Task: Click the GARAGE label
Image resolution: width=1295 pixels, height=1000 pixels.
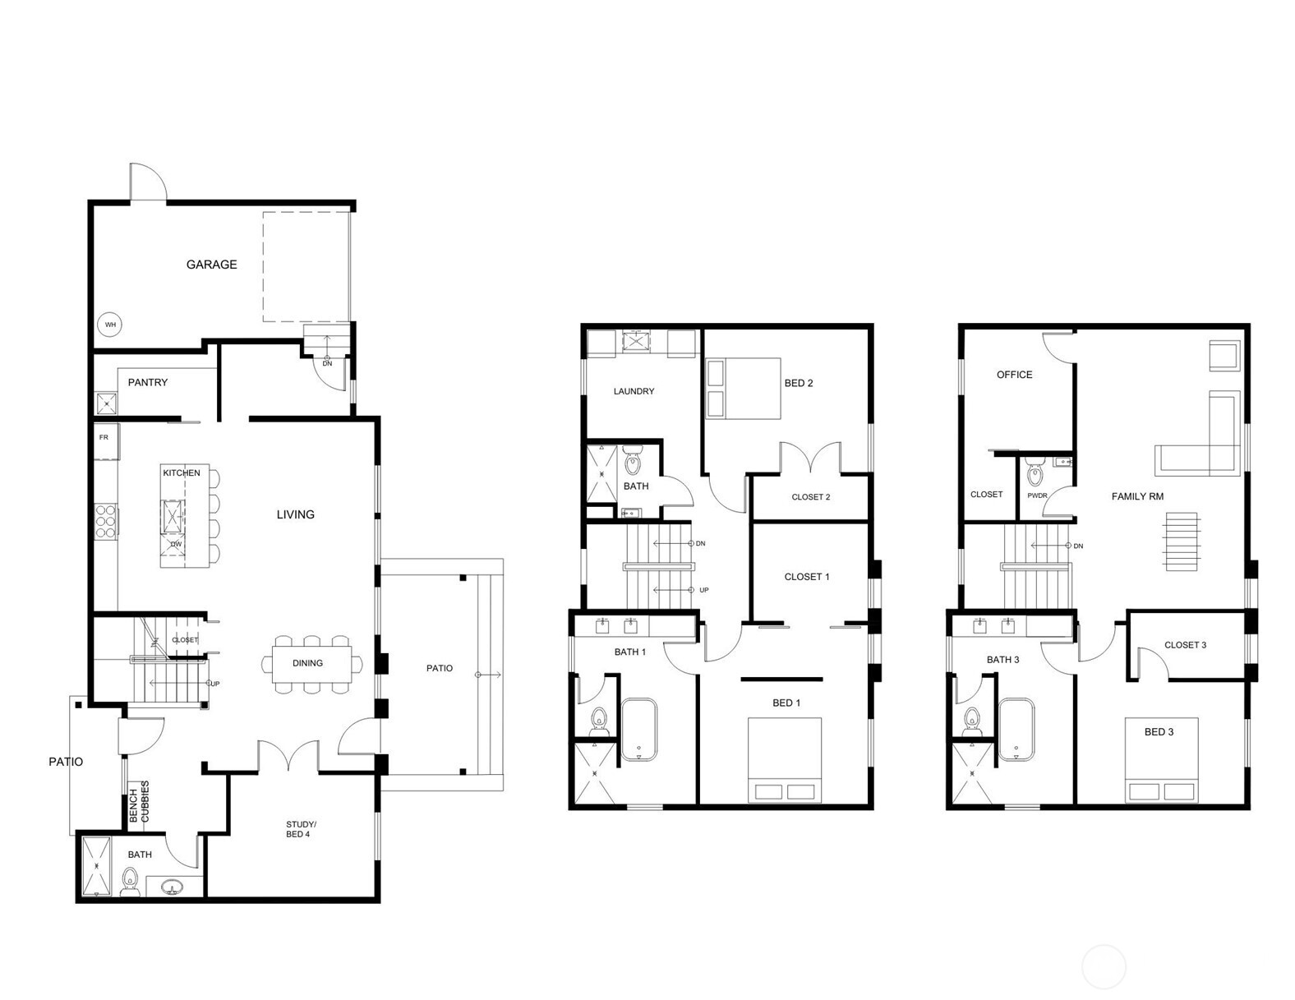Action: click(211, 265)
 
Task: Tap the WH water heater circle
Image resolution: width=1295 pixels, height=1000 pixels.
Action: click(110, 325)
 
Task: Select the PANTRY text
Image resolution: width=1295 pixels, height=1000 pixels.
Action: click(148, 383)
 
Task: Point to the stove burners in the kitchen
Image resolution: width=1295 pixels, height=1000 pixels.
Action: click(106, 521)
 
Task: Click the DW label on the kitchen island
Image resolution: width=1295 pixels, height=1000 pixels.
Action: click(176, 545)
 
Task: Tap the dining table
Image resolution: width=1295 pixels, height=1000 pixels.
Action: click(308, 663)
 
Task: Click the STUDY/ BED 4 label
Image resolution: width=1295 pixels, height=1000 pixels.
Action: click(301, 829)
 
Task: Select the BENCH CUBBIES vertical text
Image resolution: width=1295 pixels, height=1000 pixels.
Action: click(140, 802)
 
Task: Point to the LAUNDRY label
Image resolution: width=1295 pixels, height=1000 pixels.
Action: click(634, 392)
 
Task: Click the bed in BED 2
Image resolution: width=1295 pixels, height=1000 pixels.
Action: click(743, 389)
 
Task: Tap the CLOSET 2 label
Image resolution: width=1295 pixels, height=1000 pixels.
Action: click(810, 497)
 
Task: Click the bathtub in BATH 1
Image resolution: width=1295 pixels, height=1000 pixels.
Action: click(638, 729)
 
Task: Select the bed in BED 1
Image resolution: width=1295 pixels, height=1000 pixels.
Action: click(784, 759)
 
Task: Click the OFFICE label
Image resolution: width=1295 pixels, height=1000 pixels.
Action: click(1014, 375)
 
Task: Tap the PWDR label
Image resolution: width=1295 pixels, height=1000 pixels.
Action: click(1037, 496)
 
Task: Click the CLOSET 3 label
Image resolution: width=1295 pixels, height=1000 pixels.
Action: click(1185, 645)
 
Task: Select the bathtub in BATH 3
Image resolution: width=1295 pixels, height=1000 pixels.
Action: click(1016, 729)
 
